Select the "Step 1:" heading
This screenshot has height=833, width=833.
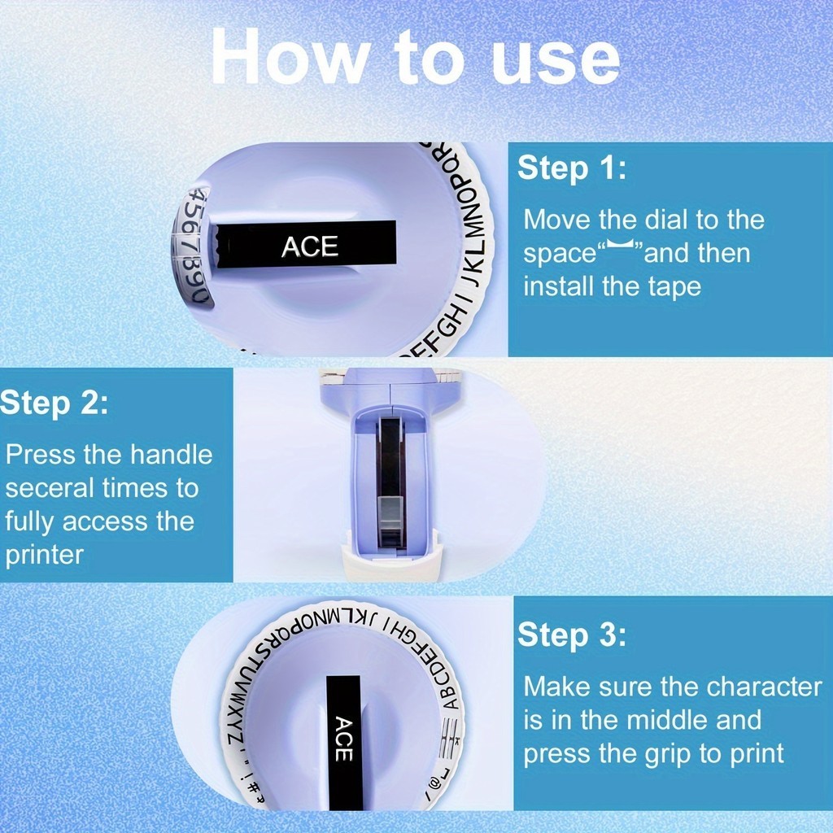[572, 168]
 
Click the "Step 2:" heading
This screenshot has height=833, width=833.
[55, 403]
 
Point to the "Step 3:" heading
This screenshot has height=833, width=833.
[572, 635]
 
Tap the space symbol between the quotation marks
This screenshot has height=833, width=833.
[621, 244]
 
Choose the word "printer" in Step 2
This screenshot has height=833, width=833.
[45, 556]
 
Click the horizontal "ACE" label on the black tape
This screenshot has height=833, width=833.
[310, 246]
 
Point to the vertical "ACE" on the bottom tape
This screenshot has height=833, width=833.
[344, 739]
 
